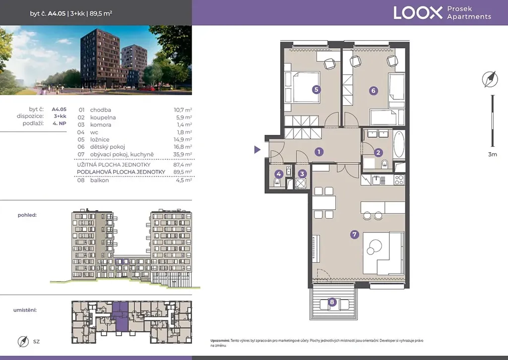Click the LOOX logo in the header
418,13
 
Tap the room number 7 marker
354,235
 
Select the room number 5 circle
316,89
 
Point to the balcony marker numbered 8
332,302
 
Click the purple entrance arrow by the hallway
257,150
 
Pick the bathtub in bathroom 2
399,144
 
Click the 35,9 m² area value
183,154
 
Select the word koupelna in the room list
103,118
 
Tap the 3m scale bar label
493,154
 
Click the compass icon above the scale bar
490,79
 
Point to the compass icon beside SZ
23,341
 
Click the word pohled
27,215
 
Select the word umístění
25,310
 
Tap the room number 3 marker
302,174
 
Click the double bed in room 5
302,87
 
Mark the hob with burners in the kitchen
399,180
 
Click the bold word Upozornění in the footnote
220,341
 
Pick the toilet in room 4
278,182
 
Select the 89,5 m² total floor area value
183,172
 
